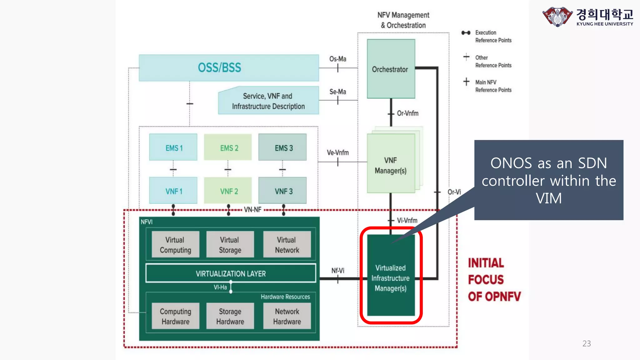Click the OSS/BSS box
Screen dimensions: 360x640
tap(228, 68)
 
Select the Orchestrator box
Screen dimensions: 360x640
tap(391, 69)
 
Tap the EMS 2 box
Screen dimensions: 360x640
tap(228, 148)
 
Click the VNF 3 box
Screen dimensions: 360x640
tap(282, 191)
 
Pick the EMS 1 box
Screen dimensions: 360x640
tap(173, 148)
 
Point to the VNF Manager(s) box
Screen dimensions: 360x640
tap(391, 165)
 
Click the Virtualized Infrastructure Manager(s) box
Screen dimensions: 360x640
tap(391, 277)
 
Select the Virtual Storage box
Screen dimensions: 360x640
tap(230, 245)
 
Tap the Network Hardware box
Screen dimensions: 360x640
tap(287, 316)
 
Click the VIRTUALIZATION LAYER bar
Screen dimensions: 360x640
tap(231, 273)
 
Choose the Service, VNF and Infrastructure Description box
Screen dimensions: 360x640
tap(268, 101)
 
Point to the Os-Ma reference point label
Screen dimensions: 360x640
tap(337, 59)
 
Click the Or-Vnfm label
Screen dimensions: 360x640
tap(407, 113)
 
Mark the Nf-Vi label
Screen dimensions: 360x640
tap(337, 270)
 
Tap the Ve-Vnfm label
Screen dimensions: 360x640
tap(337, 152)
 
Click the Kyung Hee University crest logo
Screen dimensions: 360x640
tap(557, 17)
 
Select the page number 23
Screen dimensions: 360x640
tap(587, 343)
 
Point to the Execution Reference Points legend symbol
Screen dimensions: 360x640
tap(466, 33)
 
